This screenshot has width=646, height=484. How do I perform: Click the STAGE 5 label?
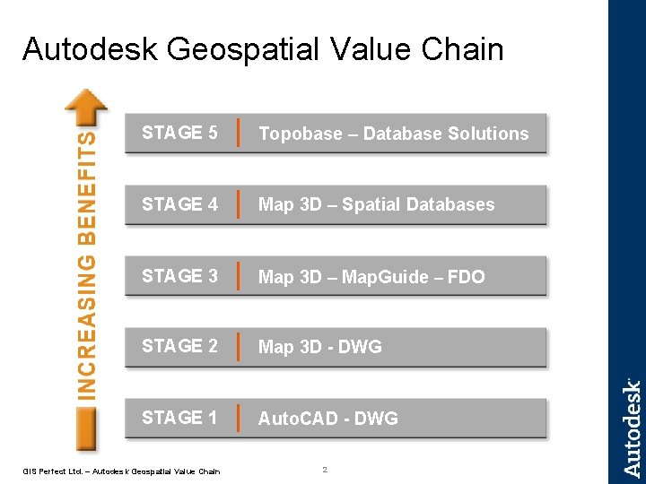click(x=179, y=133)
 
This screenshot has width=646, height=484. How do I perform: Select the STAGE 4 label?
click(x=179, y=204)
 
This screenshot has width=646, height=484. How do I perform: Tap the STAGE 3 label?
click(x=179, y=276)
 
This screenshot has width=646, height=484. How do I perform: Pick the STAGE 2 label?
click(x=179, y=346)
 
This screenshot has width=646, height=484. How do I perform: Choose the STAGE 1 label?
click(x=179, y=418)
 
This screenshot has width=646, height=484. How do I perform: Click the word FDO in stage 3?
click(x=466, y=277)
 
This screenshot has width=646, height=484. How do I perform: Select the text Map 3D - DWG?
click(x=320, y=347)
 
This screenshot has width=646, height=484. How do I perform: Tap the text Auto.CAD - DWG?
click(x=328, y=419)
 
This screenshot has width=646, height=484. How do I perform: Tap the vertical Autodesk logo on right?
click(x=632, y=427)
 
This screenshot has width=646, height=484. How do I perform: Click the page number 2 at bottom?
click(x=325, y=470)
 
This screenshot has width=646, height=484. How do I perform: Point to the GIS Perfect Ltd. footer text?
click(x=121, y=471)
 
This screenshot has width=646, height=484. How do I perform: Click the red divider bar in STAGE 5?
click(x=237, y=133)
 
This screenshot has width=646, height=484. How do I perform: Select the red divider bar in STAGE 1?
click(x=237, y=418)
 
